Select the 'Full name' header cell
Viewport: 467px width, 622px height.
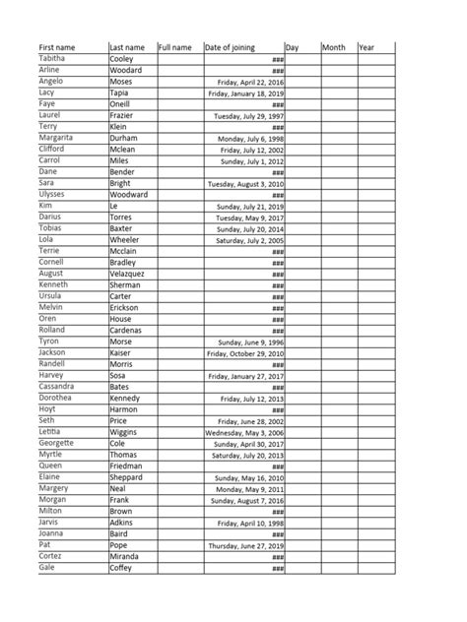[x=174, y=47]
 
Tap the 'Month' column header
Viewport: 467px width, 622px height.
[x=334, y=47]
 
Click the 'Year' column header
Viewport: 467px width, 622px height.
[x=367, y=47]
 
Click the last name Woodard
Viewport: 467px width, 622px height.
[x=125, y=70]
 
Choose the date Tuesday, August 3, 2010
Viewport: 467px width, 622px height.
[x=245, y=184]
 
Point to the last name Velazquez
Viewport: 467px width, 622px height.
[x=128, y=274]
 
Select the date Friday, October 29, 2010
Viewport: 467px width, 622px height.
[x=244, y=353]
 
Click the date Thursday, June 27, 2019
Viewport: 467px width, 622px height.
[x=245, y=545]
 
